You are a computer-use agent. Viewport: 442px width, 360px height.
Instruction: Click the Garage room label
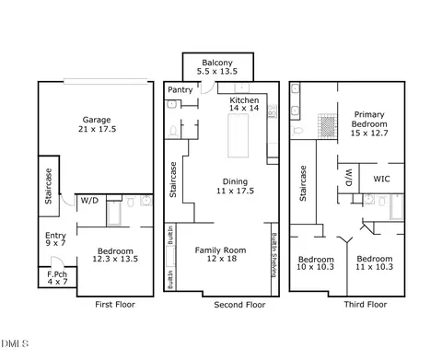pos(97,120)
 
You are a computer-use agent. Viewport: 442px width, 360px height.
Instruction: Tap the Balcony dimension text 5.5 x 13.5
pos(217,71)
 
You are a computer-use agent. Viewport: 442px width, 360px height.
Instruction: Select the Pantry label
pos(180,90)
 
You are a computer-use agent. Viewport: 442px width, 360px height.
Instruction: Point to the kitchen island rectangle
pos(238,135)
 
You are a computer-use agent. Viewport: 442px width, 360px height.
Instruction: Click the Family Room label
pos(220,250)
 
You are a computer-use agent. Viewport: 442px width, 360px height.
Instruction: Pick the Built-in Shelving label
pos(274,255)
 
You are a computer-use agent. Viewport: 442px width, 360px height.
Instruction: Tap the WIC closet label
pos(381,179)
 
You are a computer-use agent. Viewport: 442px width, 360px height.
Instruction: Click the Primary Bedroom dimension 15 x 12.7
pos(369,133)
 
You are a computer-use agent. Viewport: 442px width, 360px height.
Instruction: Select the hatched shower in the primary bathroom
pos(327,126)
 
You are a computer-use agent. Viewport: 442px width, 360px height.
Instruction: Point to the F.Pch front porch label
pos(57,274)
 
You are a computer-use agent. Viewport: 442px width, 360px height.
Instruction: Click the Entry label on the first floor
pos(55,236)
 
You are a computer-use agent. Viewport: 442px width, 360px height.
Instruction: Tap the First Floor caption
pos(115,305)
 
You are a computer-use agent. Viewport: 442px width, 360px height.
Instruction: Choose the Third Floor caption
pos(366,305)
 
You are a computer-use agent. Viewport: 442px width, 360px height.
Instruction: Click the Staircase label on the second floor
pos(173,180)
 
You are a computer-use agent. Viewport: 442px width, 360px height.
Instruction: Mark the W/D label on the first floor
pos(89,201)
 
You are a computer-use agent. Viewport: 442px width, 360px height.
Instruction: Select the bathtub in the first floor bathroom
pos(114,213)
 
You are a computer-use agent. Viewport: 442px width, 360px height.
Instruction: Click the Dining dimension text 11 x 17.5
pos(235,191)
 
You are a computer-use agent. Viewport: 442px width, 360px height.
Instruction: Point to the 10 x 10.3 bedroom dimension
pos(315,267)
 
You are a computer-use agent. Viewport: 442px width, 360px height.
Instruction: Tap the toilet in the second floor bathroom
pos(173,132)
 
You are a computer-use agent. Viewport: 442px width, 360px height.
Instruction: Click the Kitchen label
pos(244,100)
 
